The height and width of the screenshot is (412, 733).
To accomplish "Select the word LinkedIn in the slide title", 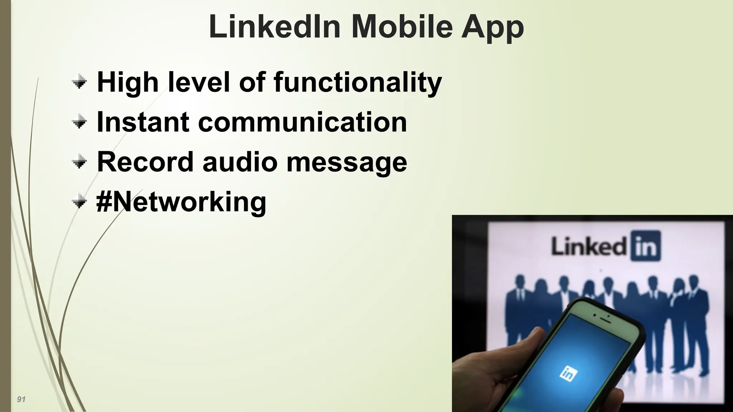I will tap(274, 27).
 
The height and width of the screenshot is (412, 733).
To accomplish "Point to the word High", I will tap(127, 82).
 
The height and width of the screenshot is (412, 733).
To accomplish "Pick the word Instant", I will tap(143, 122).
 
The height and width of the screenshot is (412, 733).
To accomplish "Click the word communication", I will tap(302, 122).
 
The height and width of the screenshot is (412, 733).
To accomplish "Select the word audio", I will tap(240, 162).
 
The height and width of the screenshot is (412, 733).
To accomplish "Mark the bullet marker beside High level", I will tap(79, 83).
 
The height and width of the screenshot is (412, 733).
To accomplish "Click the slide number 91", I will tap(21, 399).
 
